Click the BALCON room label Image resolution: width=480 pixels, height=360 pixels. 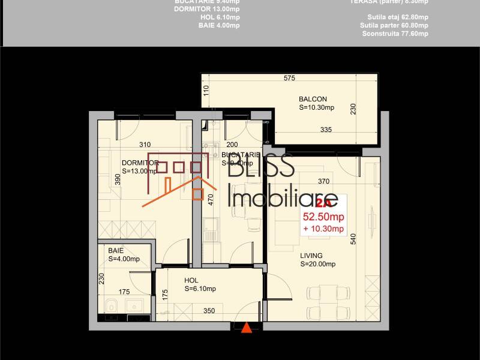click(x=313, y=99)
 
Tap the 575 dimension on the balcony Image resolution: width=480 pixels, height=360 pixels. click(x=290, y=78)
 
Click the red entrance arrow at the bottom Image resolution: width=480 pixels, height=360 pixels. click(x=246, y=328)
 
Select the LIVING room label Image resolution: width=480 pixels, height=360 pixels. click(x=312, y=255)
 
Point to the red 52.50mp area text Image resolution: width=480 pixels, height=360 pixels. click(x=323, y=217)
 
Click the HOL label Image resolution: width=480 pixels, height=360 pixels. click(x=191, y=280)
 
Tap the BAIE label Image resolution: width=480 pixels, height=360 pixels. click(x=116, y=250)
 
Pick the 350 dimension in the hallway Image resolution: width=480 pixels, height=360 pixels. click(x=209, y=311)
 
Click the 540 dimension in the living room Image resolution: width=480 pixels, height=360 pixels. click(x=353, y=238)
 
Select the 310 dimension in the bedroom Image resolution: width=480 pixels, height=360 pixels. click(x=145, y=145)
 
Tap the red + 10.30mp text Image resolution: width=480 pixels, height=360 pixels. click(x=323, y=229)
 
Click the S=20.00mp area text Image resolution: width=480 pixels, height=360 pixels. click(x=317, y=264)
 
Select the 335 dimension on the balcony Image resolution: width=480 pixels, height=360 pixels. click(x=326, y=130)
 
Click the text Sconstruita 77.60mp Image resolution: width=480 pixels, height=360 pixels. click(x=395, y=34)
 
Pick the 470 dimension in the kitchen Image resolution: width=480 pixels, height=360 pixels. click(x=211, y=199)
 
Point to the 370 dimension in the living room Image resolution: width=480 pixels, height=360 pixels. click(x=324, y=181)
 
